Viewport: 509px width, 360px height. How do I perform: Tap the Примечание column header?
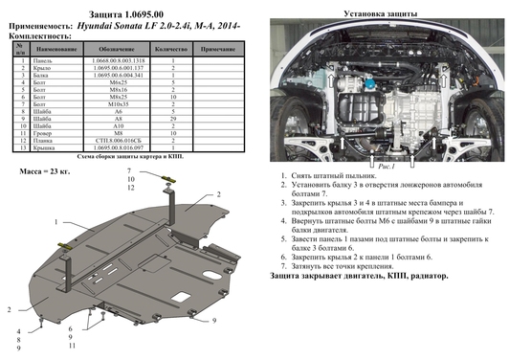pyautogui.click(x=220, y=48)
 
